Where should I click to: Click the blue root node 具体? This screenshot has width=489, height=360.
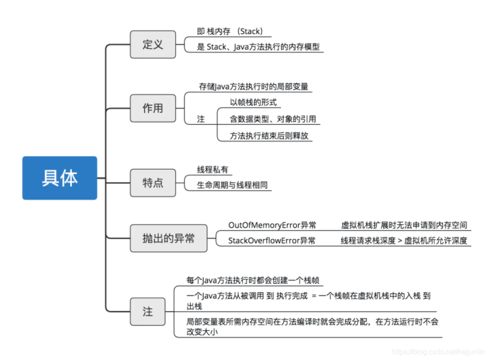60,178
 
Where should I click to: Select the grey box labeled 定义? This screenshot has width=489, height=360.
153,45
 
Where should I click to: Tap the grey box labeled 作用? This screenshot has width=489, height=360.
153,108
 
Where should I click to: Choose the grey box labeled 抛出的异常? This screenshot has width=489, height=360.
168,238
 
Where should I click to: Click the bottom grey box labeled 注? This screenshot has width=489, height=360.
147,312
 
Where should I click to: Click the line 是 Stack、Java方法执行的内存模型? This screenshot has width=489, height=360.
258,47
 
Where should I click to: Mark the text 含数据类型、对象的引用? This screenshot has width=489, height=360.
272,119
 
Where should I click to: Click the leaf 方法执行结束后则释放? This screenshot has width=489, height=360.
269,135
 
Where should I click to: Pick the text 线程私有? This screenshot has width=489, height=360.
213,170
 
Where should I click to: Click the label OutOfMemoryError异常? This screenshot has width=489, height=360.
272,225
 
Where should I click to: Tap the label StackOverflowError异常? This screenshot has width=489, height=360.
272,240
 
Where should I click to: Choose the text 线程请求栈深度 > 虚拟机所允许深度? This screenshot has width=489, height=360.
404,240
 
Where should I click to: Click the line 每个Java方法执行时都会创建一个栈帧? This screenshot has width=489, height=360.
253,281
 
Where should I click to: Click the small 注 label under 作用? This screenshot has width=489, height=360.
200,119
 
